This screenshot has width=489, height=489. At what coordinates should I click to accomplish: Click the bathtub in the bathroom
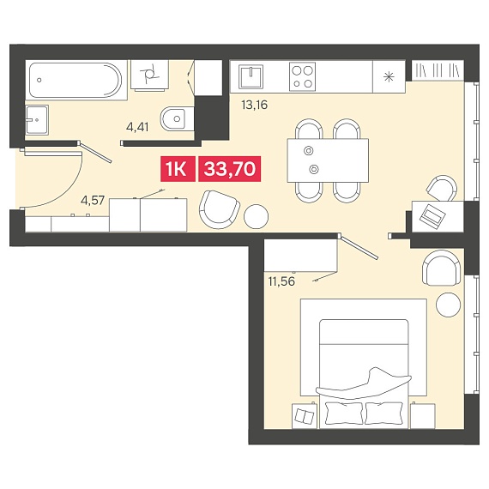click(x=75, y=80)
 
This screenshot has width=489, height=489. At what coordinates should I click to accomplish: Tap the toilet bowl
click(x=177, y=119)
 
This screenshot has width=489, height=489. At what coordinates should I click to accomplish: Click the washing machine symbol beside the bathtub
click(x=149, y=75)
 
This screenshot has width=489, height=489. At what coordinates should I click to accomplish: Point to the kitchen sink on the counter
click(x=251, y=76)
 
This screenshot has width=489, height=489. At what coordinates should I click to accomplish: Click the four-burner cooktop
click(x=302, y=76)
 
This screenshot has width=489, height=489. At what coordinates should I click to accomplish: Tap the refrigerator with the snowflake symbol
click(x=389, y=76)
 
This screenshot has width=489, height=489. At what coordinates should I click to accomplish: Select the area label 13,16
click(x=255, y=106)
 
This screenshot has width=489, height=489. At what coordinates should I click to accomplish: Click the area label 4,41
click(x=137, y=127)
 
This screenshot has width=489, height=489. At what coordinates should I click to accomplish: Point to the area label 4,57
click(x=93, y=200)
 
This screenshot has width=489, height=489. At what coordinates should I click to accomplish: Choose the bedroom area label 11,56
click(x=281, y=281)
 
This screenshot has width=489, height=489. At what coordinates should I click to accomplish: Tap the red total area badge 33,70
click(x=230, y=169)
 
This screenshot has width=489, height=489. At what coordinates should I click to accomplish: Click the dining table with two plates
click(x=328, y=160)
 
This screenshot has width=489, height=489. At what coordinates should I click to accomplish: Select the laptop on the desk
click(x=432, y=214)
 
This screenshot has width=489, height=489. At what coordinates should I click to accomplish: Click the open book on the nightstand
click(x=305, y=416)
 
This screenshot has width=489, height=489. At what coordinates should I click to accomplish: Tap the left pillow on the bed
click(x=344, y=413)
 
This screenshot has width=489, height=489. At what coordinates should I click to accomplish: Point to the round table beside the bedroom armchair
click(x=448, y=305)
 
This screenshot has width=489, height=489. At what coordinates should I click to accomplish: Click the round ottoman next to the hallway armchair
click(x=256, y=216)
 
